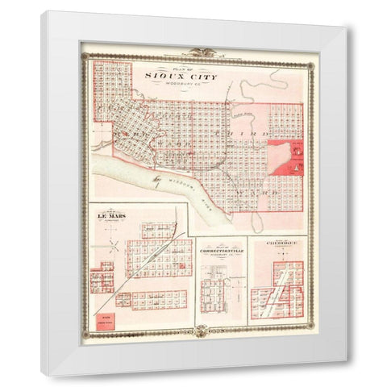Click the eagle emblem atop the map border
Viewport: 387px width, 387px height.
pos(193,51)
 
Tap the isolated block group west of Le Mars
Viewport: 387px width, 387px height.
pos(102,281)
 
